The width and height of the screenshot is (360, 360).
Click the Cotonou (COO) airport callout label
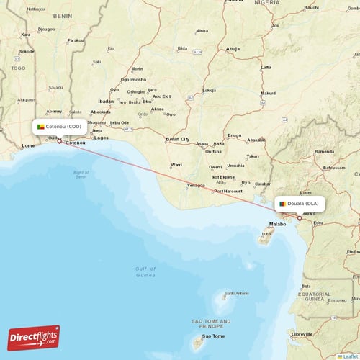point(61,127)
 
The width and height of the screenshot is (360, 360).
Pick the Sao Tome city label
point(212,336)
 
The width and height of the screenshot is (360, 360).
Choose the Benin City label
point(178,139)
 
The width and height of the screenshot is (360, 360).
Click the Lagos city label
point(102,138)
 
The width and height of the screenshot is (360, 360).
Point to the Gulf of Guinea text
point(145,271)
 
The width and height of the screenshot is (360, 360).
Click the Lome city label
point(29,145)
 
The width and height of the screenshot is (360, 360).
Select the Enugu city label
point(235,135)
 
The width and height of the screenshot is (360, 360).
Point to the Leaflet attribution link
point(350,356)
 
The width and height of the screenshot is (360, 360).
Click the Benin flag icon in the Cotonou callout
point(41,127)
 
